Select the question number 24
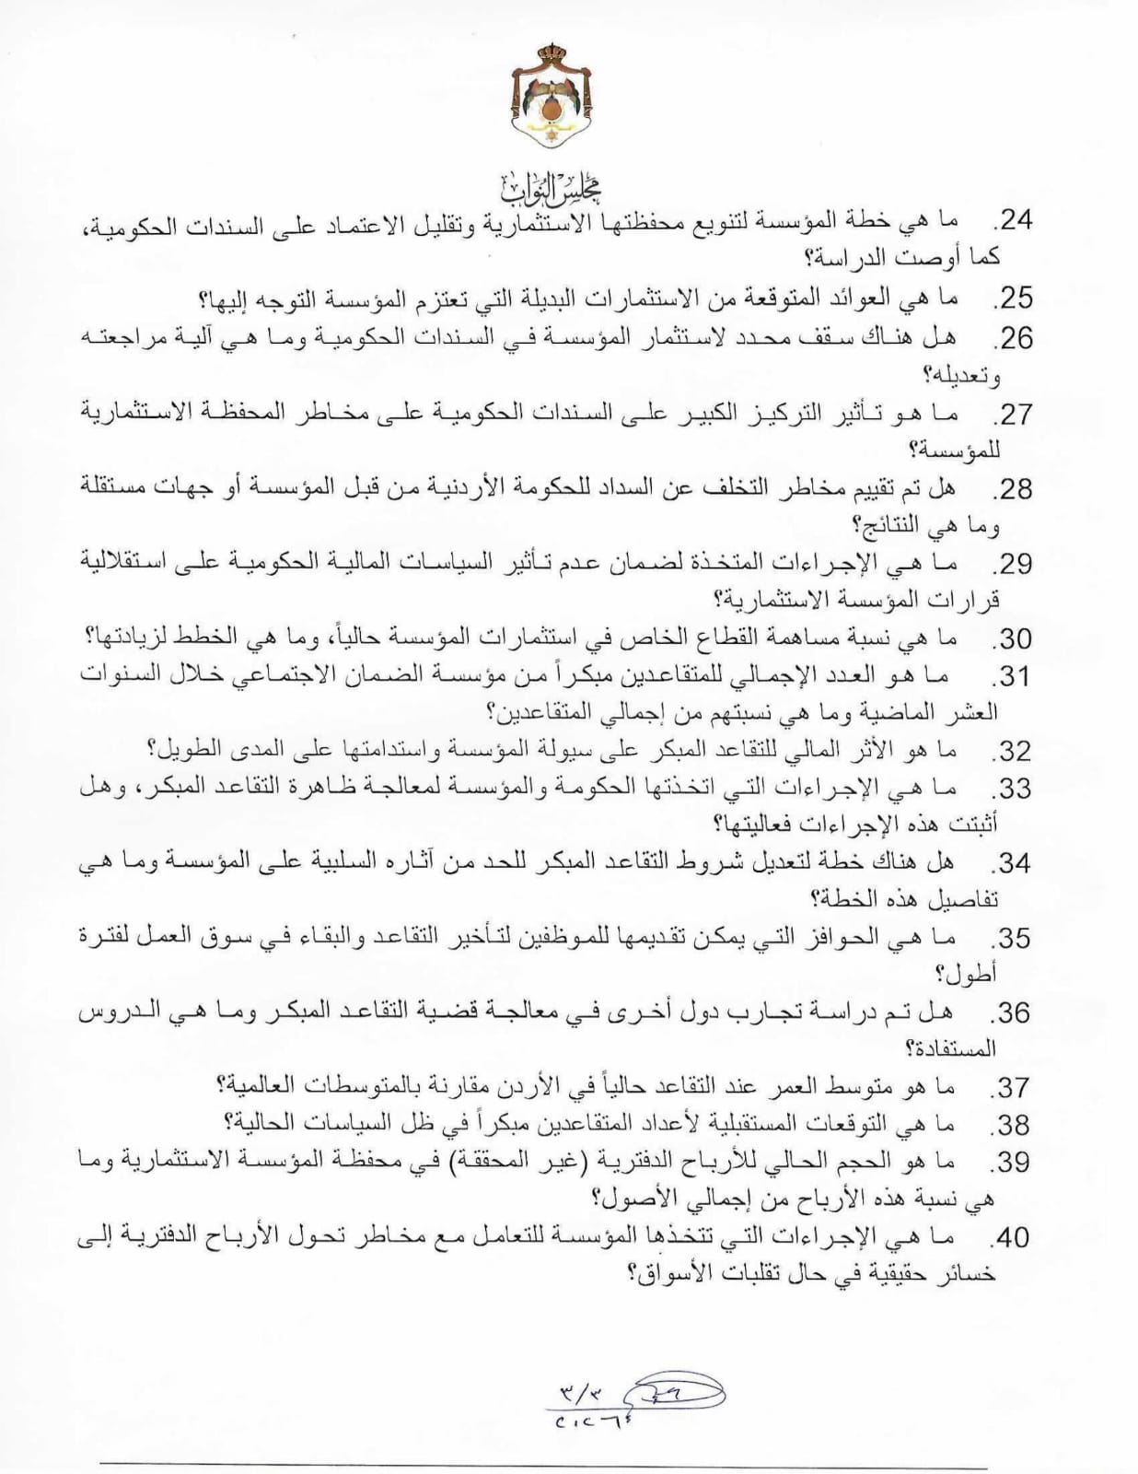(1013, 221)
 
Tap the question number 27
(1013, 415)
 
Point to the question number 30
(1013, 638)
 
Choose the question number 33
(1013, 790)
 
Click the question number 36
(1013, 1014)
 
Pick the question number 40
(1013, 1239)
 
